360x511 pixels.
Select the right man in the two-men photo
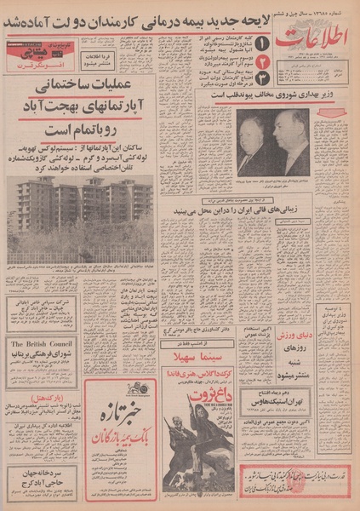[292, 141]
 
